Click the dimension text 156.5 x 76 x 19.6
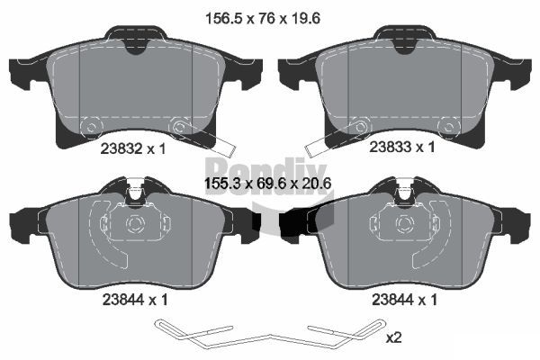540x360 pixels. click(x=263, y=18)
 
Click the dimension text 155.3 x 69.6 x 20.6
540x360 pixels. click(x=268, y=184)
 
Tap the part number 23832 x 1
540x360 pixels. click(x=133, y=148)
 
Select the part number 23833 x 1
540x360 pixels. click(x=402, y=147)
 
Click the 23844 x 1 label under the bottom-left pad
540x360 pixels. click(x=135, y=300)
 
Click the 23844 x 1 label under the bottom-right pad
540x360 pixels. click(x=404, y=300)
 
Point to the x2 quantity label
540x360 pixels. click(x=393, y=337)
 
